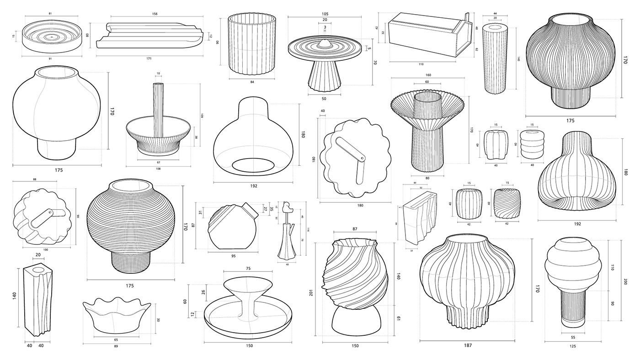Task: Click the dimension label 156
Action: pos(155,14)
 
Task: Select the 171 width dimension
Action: pos(149,58)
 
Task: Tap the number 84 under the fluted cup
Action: pos(252,82)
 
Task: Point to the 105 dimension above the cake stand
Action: pos(325,13)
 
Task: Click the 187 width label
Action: pos(467,345)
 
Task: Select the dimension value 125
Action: pos(573,346)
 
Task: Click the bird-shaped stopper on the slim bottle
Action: pos(288,207)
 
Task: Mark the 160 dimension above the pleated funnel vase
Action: pos(428,75)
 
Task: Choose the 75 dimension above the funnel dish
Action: pos(249,269)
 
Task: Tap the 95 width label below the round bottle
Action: pos(233,256)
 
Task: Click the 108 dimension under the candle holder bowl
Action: pos(158,169)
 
